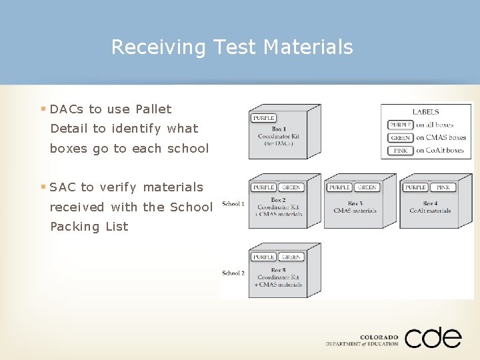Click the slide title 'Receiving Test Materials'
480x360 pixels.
tap(231, 47)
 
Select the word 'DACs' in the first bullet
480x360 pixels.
tap(67, 109)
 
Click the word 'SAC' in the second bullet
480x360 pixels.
tap(63, 187)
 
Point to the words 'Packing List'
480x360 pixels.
tap(89, 227)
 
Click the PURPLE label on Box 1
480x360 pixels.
tap(263, 118)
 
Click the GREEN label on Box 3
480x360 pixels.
tap(367, 187)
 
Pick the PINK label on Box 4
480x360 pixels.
tap(442, 187)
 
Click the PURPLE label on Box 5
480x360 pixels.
tap(263, 257)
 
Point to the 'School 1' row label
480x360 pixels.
tap(233, 203)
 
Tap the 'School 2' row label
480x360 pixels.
tap(233, 273)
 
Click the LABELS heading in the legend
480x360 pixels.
tap(425, 112)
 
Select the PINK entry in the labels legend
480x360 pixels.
tap(400, 151)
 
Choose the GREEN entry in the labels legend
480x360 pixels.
tap(400, 138)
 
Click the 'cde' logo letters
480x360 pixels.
tap(433, 337)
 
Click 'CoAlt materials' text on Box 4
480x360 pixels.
tap(430, 211)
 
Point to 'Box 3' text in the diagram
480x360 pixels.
tap(355, 203)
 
